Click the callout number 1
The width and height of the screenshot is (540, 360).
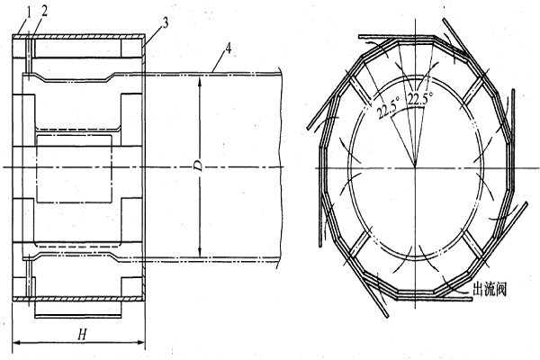coord(29,13)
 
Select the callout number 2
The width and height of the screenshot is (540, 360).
coord(44,12)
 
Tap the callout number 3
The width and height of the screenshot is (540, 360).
coord(166,23)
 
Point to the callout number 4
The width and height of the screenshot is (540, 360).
coord(228,49)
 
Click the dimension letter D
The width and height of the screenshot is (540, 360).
coord(199,166)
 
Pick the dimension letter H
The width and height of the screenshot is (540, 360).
coord(82,334)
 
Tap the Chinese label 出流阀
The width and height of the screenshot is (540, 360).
coord(490,290)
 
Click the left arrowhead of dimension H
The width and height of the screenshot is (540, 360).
coord(16,342)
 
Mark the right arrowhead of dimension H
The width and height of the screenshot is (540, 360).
coord(141,342)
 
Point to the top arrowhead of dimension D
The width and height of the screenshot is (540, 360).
coord(199,80)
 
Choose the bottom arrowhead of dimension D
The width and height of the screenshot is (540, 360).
coord(199,253)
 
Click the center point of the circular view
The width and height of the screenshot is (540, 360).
coord(415,167)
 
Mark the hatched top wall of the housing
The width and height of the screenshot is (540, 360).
coord(78,36)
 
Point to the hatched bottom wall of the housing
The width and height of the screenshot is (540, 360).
coord(78,299)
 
